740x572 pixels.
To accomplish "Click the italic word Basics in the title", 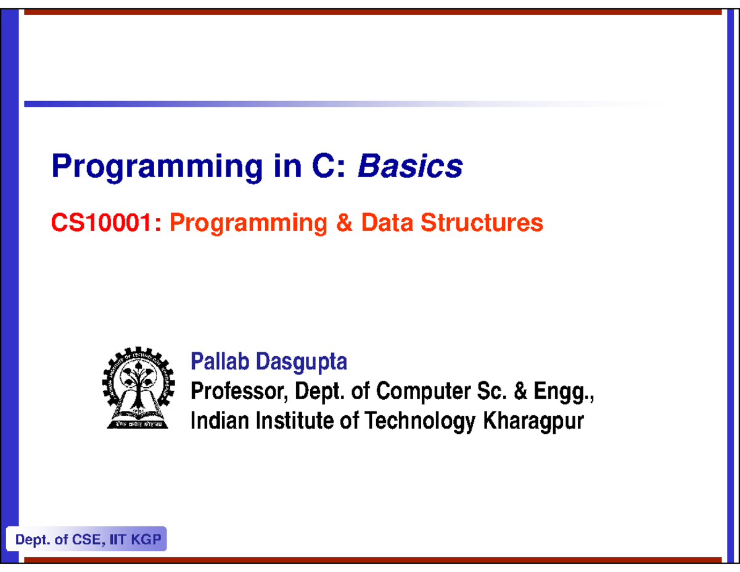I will pyautogui.click(x=410, y=166).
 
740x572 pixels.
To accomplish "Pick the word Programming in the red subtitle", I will pyautogui.click(x=248, y=224).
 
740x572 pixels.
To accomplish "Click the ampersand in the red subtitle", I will pyautogui.click(x=342, y=223).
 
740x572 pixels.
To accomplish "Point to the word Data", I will pyautogui.click(x=387, y=223).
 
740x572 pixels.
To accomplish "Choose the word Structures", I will pyautogui.click(x=482, y=223).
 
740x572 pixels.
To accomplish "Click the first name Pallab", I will pyautogui.click(x=221, y=362).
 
